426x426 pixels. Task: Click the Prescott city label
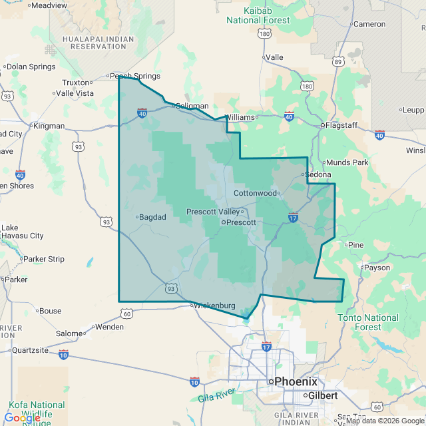coord(241,222)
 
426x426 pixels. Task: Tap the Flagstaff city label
coord(342,124)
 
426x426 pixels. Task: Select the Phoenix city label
coord(296,381)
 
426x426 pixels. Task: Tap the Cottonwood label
coord(255,193)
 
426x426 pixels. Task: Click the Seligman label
coord(192,106)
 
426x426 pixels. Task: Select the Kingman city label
coord(49,125)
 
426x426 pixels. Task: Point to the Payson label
coord(377,268)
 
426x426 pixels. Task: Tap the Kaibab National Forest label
coord(258,15)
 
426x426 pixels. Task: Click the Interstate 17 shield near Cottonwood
coord(293,217)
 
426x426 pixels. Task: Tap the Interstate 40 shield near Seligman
coord(142,114)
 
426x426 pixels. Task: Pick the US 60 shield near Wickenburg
coord(127,312)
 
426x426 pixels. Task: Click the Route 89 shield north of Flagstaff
coord(339,62)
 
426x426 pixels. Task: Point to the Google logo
coord(23,417)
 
